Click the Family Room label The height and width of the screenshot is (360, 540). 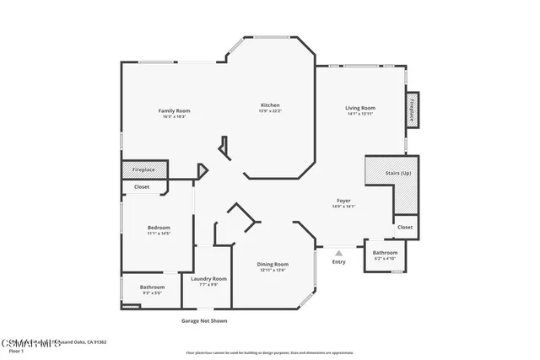tap(175, 110)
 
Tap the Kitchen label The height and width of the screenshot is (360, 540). tap(270, 105)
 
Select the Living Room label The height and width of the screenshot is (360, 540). tap(359, 108)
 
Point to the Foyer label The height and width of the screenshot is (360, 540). tap(343, 201)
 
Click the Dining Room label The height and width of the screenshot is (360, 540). tap(273, 265)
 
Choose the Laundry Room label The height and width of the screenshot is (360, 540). tap(208, 278)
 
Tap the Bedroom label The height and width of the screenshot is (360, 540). tap(159, 228)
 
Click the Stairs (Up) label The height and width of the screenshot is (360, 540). tap(398, 173)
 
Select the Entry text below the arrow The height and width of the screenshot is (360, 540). tap(338, 261)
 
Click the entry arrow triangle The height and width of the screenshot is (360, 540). tap(338, 252)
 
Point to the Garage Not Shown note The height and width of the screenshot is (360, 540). tap(204, 320)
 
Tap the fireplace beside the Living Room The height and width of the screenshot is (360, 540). tap(413, 110)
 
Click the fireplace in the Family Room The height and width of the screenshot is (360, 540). tap(143, 169)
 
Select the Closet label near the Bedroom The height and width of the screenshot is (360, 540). tap(142, 186)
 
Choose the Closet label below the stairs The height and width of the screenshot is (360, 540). tap(405, 227)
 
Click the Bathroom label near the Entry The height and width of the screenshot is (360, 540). tap(385, 253)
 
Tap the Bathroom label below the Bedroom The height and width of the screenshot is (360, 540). tap(153, 287)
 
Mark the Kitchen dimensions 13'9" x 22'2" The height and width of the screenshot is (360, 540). tap(270, 110)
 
